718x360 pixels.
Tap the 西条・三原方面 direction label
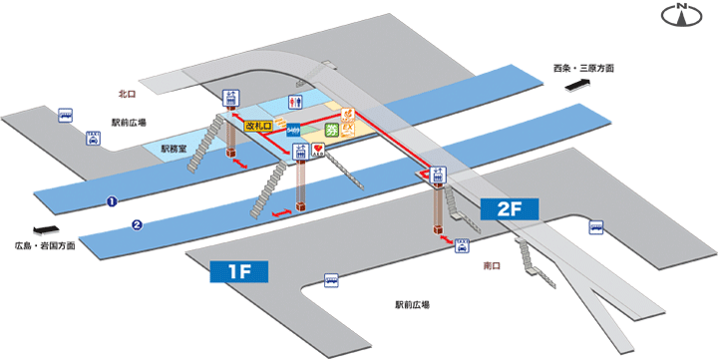(583, 69)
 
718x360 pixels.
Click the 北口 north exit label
(126, 94)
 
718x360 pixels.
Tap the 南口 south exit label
(491, 265)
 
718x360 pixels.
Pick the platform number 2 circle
(137, 224)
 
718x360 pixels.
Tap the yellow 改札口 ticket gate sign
(259, 127)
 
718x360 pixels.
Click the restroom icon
(294, 102)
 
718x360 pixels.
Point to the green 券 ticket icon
(331, 130)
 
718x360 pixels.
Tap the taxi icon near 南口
(462, 246)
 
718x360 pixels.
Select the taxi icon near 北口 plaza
(93, 139)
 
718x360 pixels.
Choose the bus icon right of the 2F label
(596, 227)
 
